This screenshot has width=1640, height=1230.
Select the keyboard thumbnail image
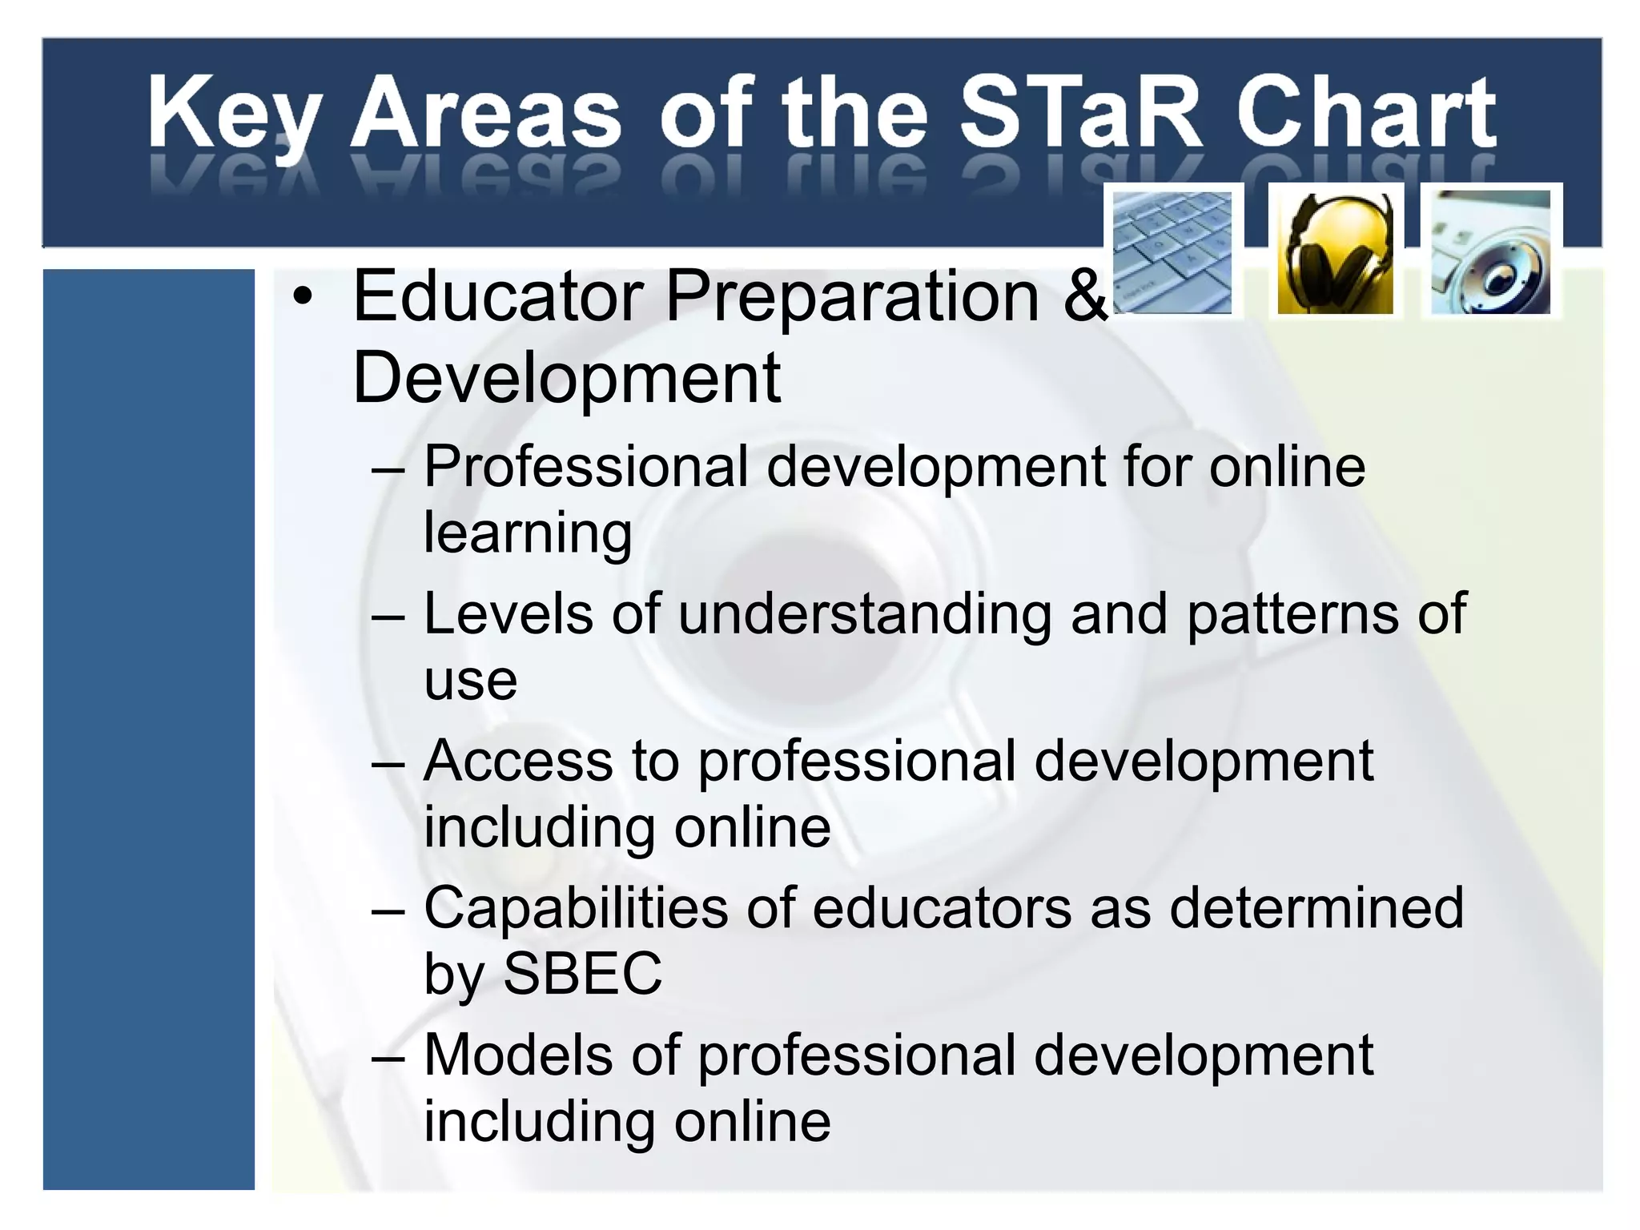tap(1173, 251)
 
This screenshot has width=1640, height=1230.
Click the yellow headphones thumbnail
tap(1335, 251)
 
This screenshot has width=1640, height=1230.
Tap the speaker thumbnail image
tap(1490, 251)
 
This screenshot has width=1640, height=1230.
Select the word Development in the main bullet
tap(566, 379)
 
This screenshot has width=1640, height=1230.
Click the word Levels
tap(508, 614)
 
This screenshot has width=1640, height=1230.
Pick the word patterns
tap(1291, 614)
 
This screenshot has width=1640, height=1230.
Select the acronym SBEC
tap(582, 975)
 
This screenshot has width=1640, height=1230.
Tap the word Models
tap(517, 1055)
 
